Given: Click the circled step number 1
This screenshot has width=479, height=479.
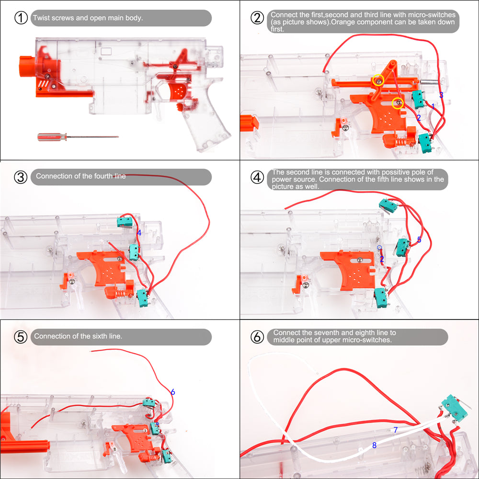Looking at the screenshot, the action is tap(21, 18).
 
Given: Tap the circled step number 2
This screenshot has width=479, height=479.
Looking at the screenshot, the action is tap(257, 18).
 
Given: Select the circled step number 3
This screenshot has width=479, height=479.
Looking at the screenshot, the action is tap(21, 177).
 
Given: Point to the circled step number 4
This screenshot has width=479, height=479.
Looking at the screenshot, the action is tap(257, 177).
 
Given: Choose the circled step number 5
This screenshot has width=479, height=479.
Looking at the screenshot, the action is tap(21, 337).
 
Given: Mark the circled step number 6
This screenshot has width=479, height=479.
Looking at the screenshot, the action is tap(257, 337).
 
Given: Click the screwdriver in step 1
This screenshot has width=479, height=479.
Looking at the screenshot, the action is tap(78, 137).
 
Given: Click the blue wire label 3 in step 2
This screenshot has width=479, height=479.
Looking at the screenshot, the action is tap(441, 95).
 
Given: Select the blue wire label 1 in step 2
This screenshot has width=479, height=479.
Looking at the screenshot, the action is tap(433, 107).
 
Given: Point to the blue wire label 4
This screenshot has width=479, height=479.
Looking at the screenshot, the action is tap(139, 233).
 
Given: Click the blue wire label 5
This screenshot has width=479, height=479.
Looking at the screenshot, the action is tap(419, 240).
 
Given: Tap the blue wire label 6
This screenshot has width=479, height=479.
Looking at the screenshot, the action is tap(173, 392).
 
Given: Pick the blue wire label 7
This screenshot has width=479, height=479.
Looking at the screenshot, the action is tap(396, 430).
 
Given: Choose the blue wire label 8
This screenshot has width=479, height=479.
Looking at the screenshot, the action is tap(374, 445).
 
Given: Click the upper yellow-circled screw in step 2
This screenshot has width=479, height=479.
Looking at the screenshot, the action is tap(378, 80).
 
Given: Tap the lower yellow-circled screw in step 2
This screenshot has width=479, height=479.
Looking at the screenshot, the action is tap(398, 103).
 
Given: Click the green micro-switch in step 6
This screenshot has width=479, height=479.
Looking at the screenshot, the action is tap(455, 408).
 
